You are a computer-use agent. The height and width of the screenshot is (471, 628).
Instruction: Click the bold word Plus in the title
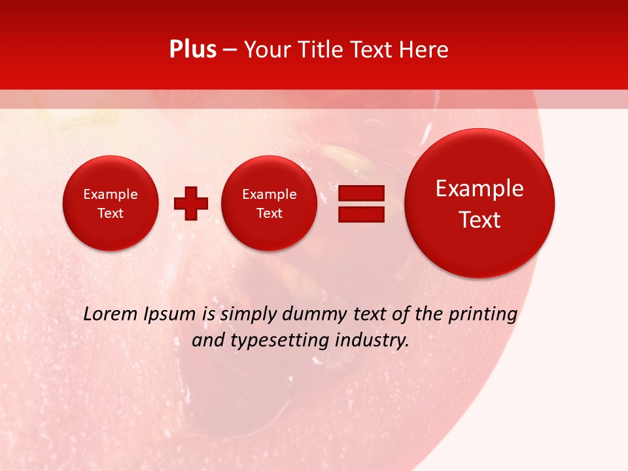[x=192, y=50]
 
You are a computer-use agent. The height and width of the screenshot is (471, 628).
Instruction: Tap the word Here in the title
[x=424, y=50]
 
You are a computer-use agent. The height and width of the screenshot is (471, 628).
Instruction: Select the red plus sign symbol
[x=191, y=203]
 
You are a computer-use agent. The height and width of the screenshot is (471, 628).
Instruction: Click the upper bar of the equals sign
[x=361, y=193]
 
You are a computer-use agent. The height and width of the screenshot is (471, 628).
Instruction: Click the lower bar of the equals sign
[x=361, y=215]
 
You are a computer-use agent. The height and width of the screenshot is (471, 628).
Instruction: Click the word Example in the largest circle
[x=480, y=188]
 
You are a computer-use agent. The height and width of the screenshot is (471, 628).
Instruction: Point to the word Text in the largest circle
[x=480, y=220]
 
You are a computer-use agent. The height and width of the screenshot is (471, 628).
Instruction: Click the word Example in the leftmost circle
[x=111, y=194]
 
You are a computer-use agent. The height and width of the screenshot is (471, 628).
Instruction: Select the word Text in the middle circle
[x=270, y=213]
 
